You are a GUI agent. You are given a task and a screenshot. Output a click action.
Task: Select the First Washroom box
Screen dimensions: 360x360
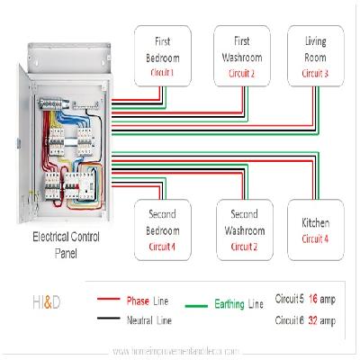click(240, 56)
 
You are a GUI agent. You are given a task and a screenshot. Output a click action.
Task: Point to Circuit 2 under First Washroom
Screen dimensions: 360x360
click(240, 72)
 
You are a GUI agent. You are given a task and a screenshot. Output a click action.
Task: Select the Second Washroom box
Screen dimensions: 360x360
click(240, 226)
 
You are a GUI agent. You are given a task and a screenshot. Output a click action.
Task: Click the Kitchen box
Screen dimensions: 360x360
click(315, 226)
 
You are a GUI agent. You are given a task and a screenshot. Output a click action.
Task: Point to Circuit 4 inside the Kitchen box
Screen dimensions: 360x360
click(315, 238)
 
